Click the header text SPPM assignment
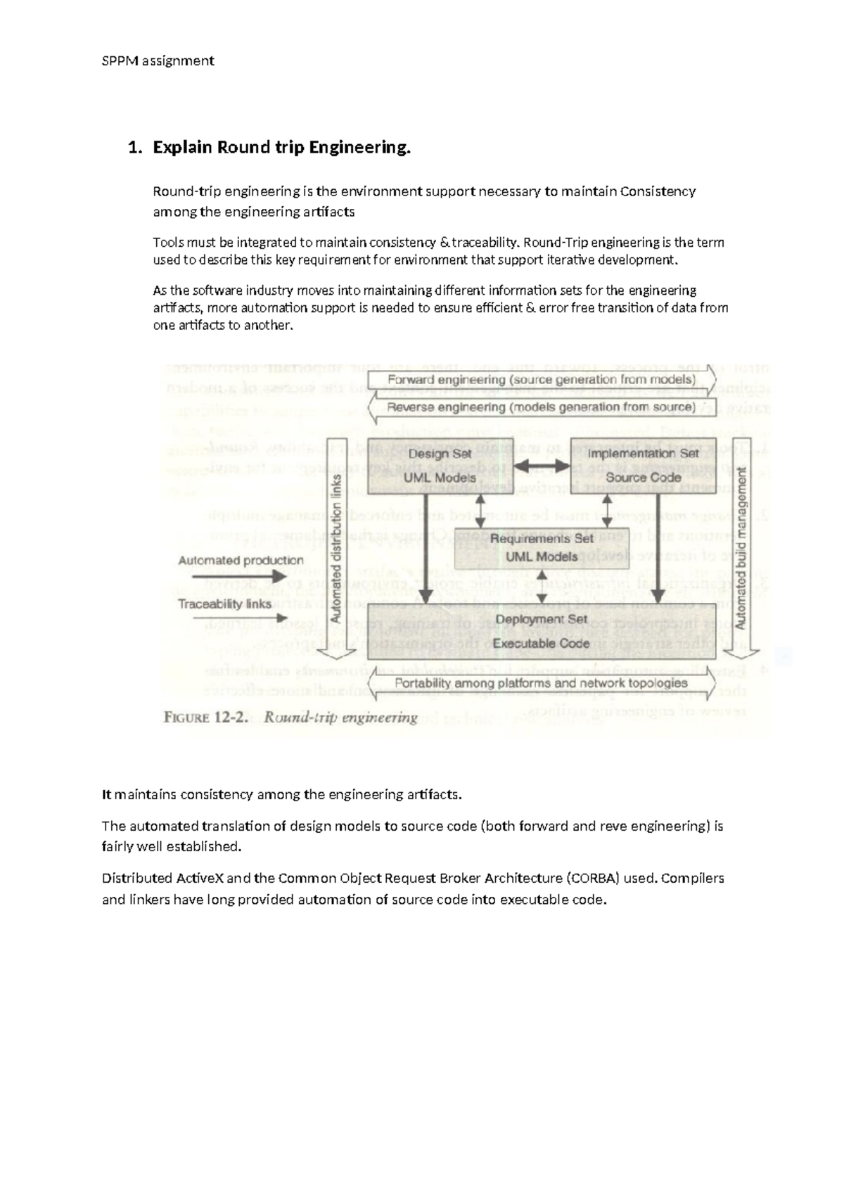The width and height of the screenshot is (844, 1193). pos(158,60)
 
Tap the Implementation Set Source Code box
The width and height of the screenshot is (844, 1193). pos(644,466)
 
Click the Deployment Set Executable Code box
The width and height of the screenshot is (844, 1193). pos(541,631)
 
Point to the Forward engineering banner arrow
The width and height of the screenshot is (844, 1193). pos(541,380)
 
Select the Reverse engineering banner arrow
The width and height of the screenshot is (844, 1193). pos(541,407)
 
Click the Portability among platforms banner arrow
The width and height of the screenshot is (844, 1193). pos(541,683)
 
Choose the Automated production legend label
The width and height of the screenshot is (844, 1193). pos(241,561)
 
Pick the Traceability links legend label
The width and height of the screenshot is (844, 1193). pos(224,604)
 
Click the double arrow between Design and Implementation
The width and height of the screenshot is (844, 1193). pos(541,466)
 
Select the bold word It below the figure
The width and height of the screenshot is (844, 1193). pos(107,795)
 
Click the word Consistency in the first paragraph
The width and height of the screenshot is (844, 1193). pos(658,191)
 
